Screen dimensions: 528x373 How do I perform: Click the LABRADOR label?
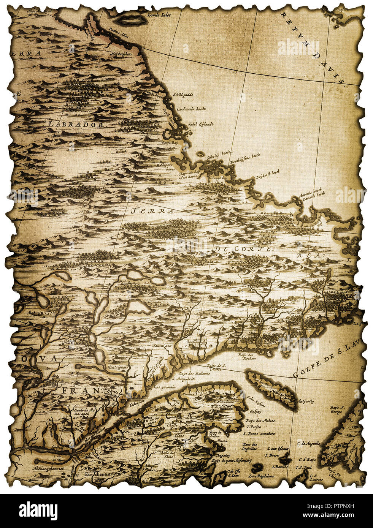coord(76,124)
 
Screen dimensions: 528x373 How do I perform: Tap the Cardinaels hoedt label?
coord(190,109)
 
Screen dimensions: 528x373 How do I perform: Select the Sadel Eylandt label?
coord(201,124)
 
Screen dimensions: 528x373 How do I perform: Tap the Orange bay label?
coord(218,177)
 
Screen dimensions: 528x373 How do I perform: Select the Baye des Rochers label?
coord(247,356)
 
